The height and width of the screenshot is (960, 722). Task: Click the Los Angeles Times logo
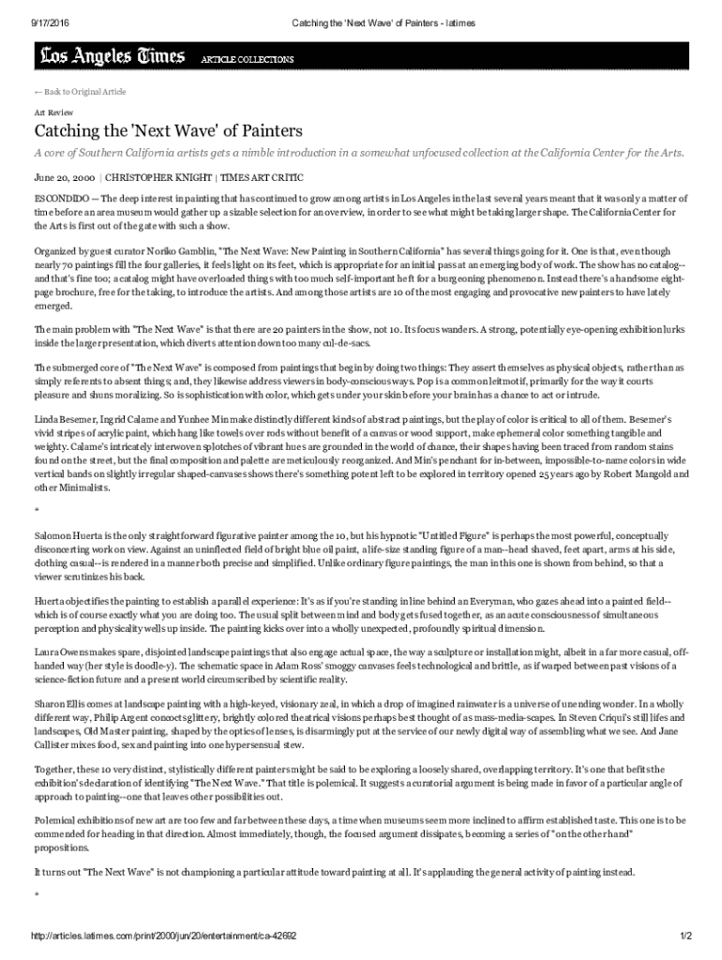point(112,58)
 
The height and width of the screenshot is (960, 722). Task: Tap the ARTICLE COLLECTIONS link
point(248,59)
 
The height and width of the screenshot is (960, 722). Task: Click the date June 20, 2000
point(65,176)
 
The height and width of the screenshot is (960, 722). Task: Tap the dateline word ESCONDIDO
point(62,199)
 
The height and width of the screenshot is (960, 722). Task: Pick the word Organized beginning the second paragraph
point(57,251)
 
